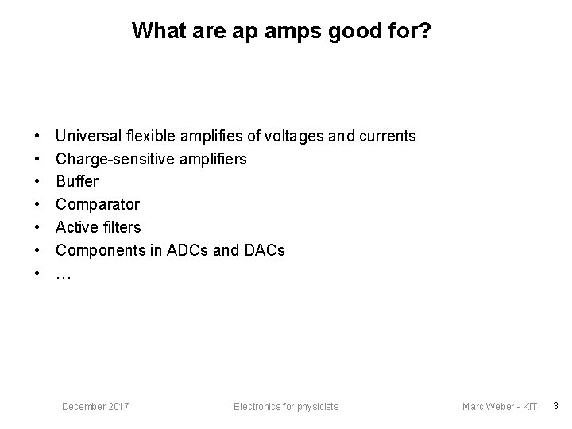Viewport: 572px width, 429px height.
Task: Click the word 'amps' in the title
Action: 278,31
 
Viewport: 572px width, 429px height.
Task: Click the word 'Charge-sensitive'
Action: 108,159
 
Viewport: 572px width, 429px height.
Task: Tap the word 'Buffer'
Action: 77,181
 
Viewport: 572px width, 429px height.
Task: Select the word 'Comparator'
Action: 97,204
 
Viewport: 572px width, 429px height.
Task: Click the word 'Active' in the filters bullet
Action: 76,227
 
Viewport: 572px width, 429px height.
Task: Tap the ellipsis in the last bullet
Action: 64,275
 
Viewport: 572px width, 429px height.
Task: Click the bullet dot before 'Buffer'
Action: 37,182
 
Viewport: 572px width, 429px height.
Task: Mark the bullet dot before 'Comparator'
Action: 37,205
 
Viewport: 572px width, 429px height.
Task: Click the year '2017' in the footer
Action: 118,407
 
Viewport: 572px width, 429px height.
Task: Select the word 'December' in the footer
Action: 83,407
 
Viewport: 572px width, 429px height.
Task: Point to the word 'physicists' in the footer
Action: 319,407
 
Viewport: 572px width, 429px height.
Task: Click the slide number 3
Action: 555,406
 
